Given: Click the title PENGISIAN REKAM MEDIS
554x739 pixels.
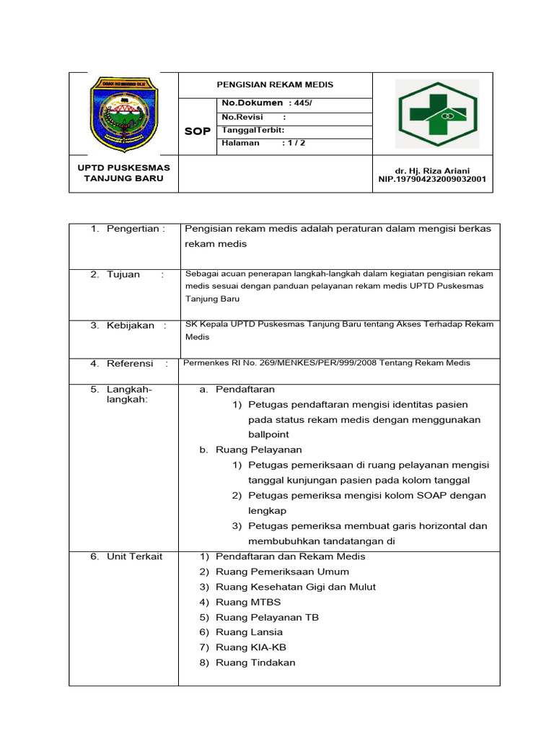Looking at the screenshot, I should click(275, 84).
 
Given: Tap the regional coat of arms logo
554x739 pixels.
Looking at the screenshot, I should click(123, 113).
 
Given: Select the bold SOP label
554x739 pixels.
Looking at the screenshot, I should click(197, 131).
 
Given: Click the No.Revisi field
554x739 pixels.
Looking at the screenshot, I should click(253, 117).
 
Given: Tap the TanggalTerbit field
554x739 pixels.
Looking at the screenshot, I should click(253, 130).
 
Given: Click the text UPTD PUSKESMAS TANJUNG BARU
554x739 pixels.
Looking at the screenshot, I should click(124, 173).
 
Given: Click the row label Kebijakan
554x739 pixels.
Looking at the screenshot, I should click(131, 325).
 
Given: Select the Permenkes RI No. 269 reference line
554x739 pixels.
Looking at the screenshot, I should click(327, 363).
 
